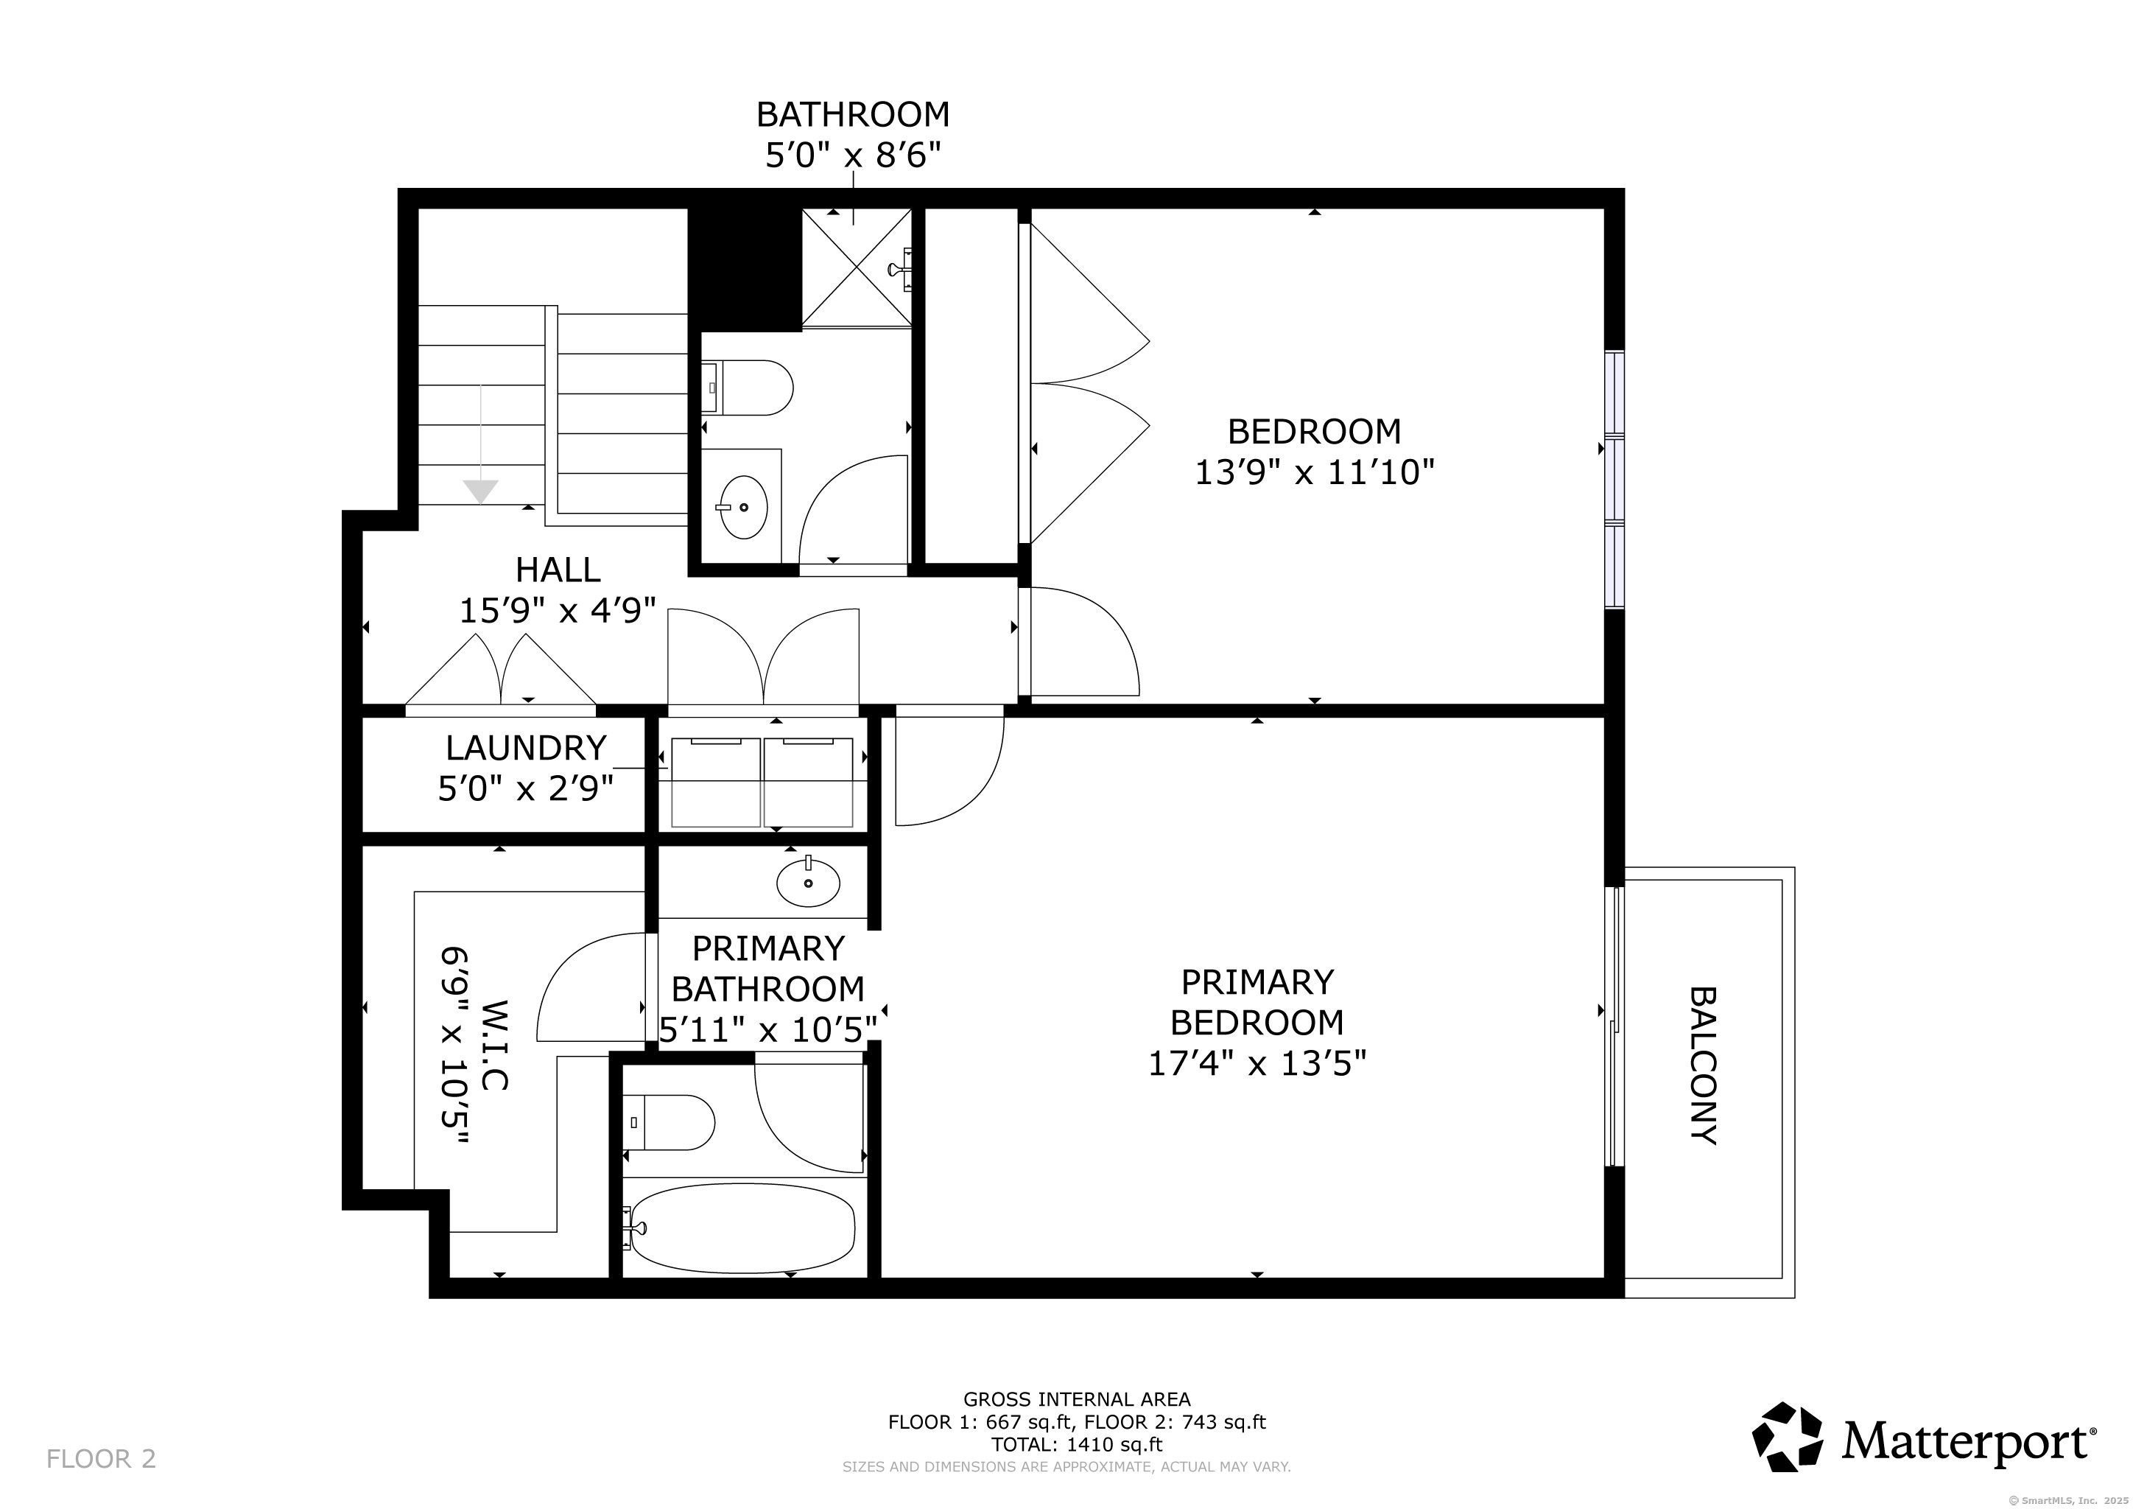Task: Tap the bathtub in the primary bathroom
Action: (x=742, y=1228)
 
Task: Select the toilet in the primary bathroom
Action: (x=669, y=1122)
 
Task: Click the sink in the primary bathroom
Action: (x=808, y=883)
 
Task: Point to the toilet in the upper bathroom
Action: (x=747, y=388)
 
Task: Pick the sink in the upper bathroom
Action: (x=743, y=508)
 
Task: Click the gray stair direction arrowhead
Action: (x=480, y=491)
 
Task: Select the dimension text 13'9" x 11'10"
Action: (x=1314, y=473)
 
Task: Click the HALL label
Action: (x=558, y=569)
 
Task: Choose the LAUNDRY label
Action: (x=526, y=747)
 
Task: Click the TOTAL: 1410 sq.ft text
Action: (x=1077, y=1445)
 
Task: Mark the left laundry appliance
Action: (x=715, y=782)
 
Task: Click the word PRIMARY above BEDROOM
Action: (x=1257, y=982)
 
